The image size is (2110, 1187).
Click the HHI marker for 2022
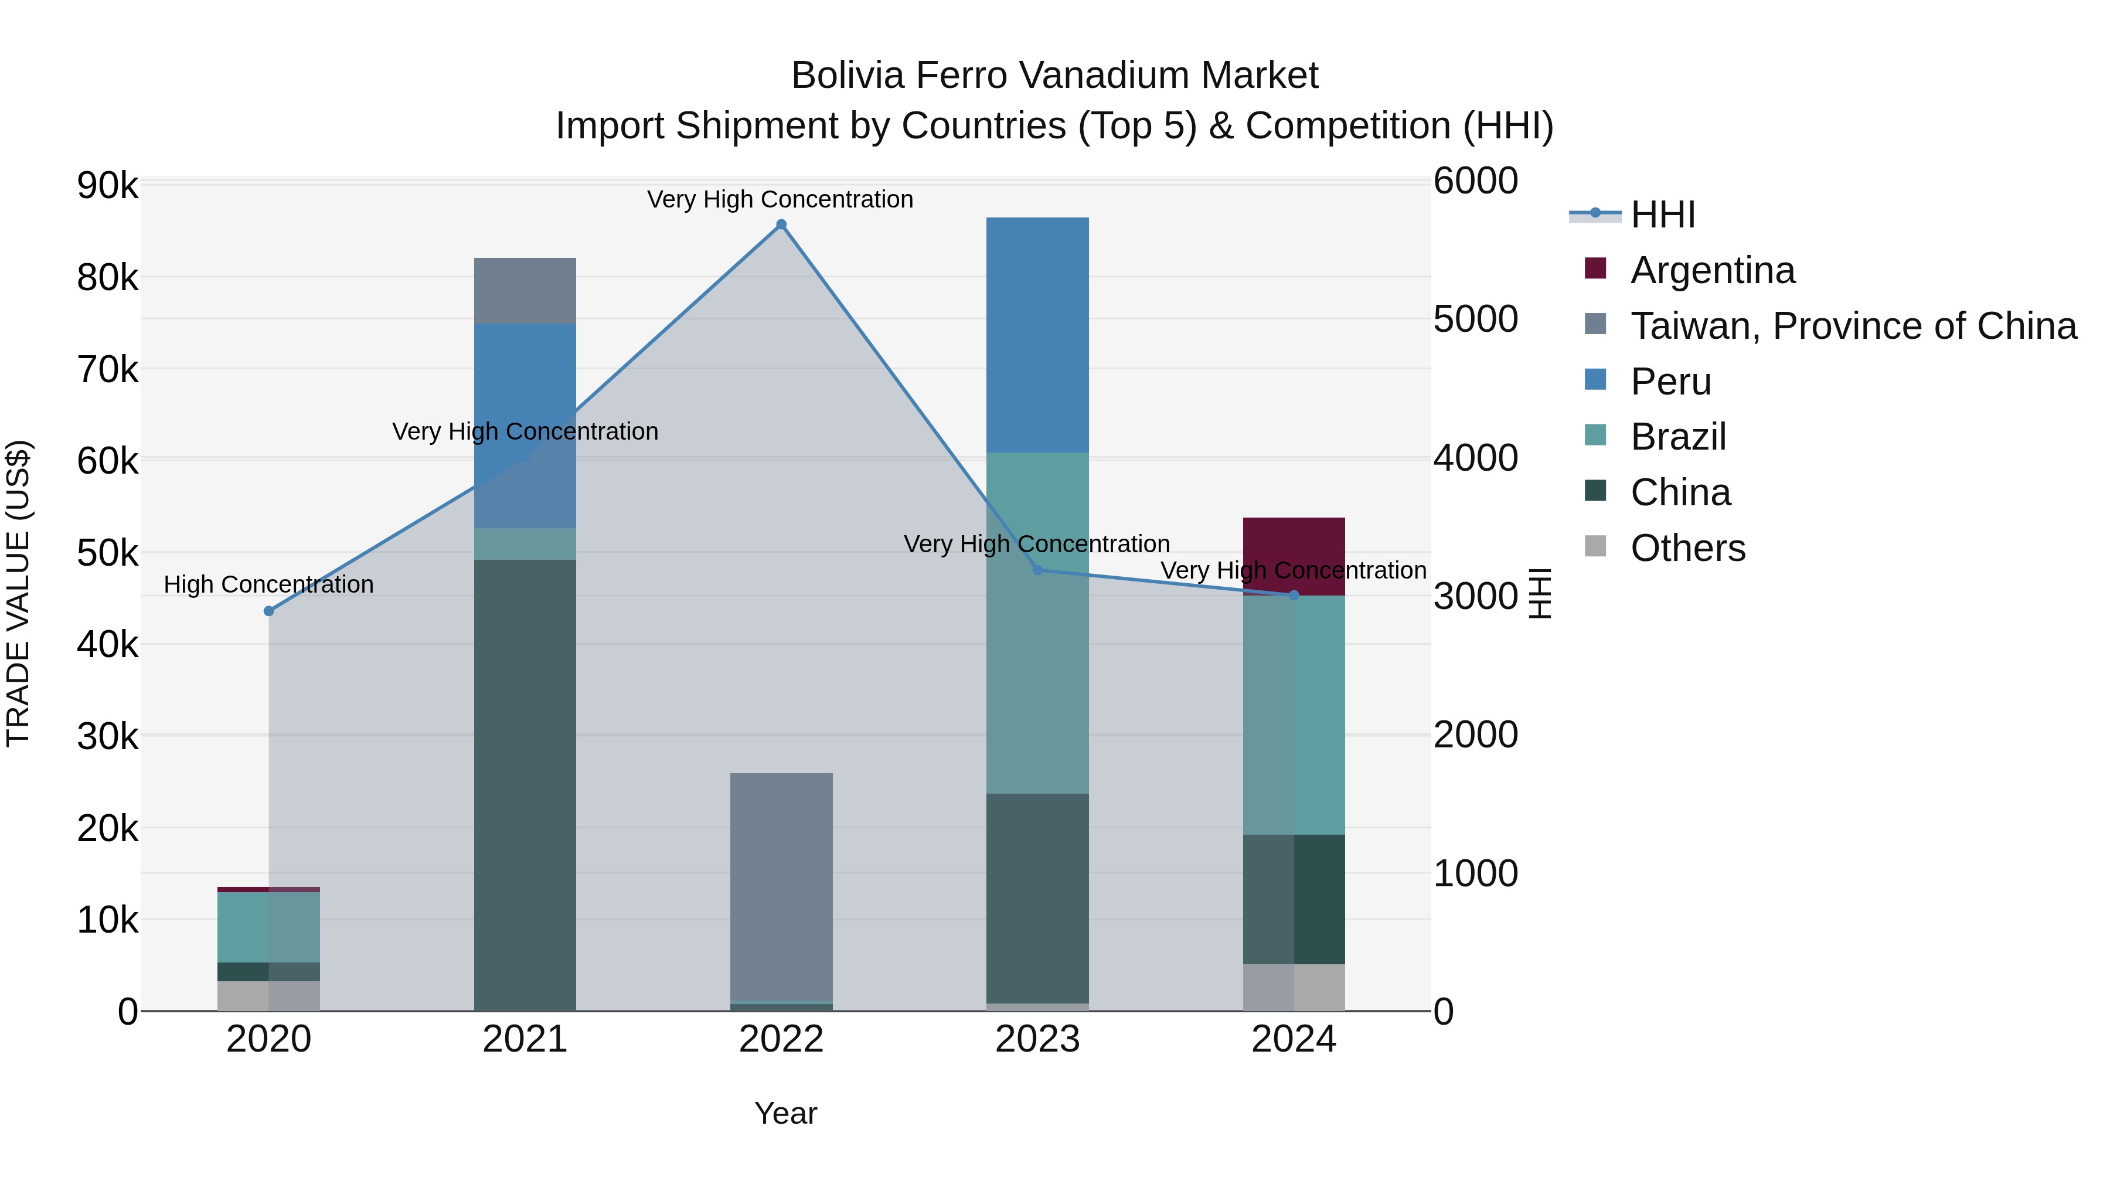[781, 225]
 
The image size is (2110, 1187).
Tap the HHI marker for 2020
[268, 611]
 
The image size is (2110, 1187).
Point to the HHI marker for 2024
[1294, 596]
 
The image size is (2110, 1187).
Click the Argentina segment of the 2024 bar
[1294, 545]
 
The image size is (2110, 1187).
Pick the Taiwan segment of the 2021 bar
[525, 291]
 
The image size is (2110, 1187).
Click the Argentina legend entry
[1712, 270]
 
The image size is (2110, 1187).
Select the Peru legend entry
[1670, 382]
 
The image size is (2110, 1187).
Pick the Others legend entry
[1687, 548]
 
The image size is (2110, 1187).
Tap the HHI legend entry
[1662, 215]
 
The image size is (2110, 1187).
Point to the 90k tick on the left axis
[107, 186]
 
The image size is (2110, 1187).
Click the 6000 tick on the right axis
[1475, 181]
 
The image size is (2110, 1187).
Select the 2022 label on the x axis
[781, 1039]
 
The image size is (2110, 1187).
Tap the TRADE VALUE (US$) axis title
[18, 593]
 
